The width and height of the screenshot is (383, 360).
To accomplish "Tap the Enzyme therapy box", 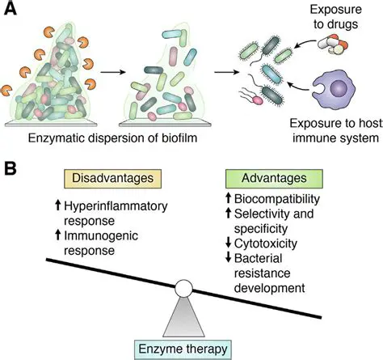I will (x=184, y=348).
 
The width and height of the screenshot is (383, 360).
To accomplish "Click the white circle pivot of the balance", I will (x=185, y=287).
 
